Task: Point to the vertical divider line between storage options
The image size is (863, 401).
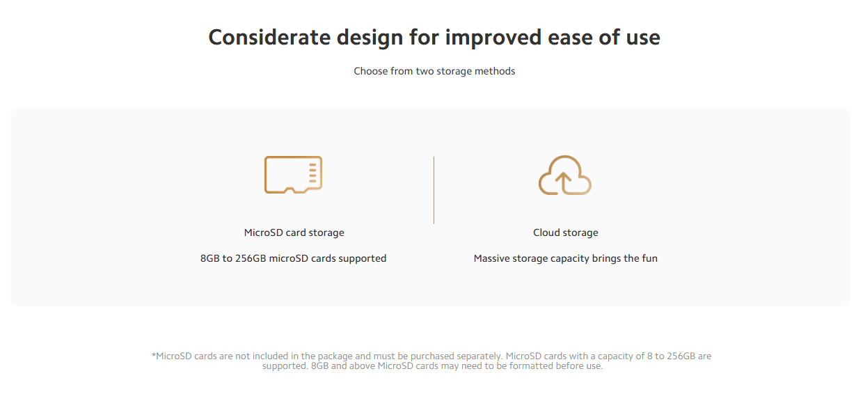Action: pos(434,190)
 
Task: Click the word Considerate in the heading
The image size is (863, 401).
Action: pos(269,38)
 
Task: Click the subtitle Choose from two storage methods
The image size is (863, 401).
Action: pos(434,71)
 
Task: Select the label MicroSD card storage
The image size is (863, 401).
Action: pos(294,233)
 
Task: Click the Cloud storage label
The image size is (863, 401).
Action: pos(565,233)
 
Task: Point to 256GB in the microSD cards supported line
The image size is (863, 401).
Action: pos(251,258)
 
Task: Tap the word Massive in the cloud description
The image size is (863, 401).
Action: pos(491,258)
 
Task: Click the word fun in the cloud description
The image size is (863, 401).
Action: pos(649,258)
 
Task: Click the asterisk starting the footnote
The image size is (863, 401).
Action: pos(153,354)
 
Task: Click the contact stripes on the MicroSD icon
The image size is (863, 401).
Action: pos(312,173)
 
